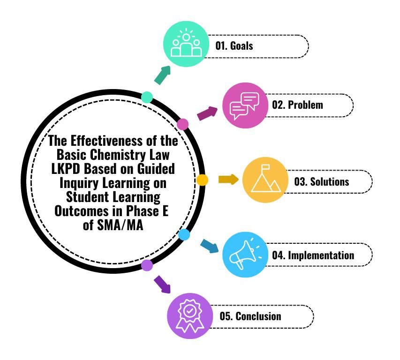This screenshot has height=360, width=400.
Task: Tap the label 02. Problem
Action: [298, 105]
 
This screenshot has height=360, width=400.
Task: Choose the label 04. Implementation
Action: [313, 256]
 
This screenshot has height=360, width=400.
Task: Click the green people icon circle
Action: [186, 45]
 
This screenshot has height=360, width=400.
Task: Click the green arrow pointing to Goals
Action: [162, 75]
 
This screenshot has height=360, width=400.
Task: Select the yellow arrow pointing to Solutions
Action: [228, 180]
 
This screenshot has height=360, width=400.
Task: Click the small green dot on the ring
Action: [147, 97]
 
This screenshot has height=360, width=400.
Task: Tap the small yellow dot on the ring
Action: [202, 180]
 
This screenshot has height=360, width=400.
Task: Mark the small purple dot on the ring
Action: [147, 265]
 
